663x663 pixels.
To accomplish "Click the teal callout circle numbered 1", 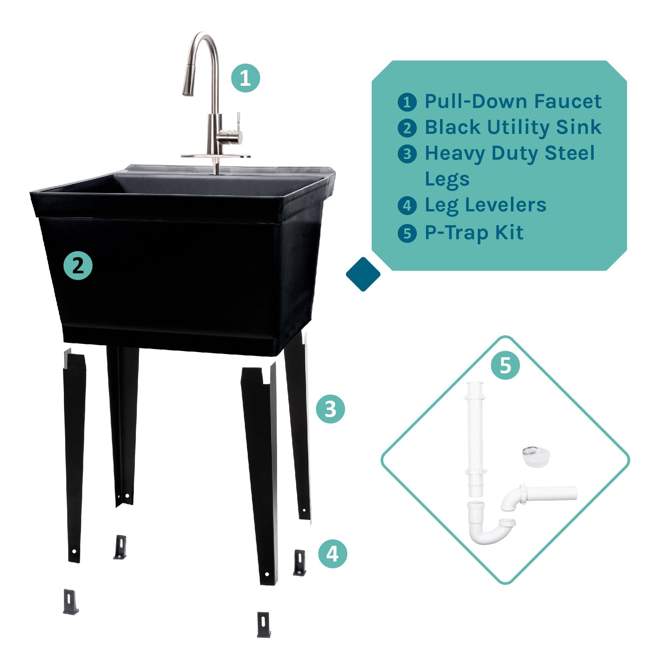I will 245,78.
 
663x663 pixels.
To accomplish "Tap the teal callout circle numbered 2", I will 78,266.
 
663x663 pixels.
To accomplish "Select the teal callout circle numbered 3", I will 330,409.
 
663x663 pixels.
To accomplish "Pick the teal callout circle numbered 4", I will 332,553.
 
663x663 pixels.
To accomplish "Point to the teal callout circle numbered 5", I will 505,365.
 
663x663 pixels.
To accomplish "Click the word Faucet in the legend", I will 567,102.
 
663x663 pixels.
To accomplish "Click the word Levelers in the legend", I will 511,205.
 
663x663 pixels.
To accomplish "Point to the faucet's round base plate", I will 215,156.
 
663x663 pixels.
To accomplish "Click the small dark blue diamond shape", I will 363,274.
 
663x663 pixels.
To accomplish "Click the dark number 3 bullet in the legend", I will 407,154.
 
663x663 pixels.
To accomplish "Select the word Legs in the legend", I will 447,179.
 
